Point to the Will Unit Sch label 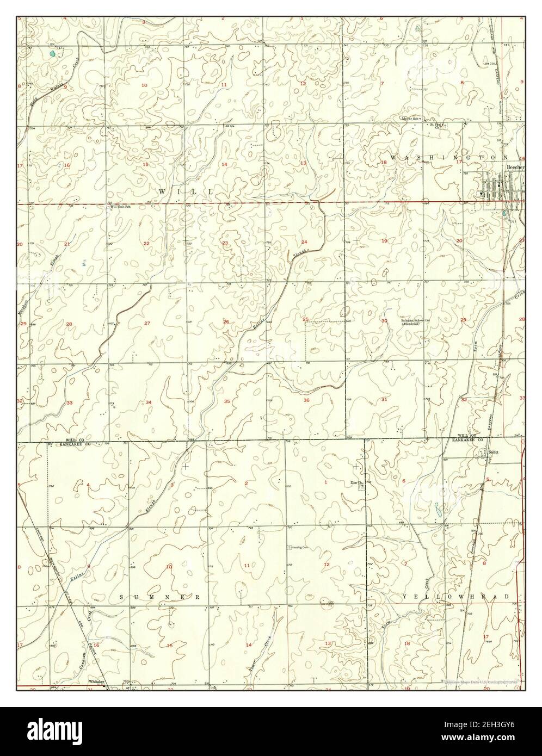pyautogui.click(x=121, y=207)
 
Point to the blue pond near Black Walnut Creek pyautogui.click(x=52, y=54)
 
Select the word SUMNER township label pyautogui.click(x=161, y=597)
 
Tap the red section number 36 pyautogui.click(x=306, y=400)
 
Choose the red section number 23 pyautogui.click(x=224, y=243)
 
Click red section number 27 pyautogui.click(x=147, y=324)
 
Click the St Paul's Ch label pyautogui.click(x=438, y=125)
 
